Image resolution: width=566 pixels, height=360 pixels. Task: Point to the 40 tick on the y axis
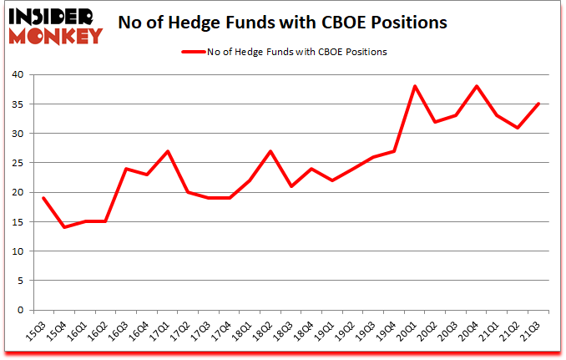(x=18, y=74)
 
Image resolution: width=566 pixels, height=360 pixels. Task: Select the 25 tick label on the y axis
(x=18, y=163)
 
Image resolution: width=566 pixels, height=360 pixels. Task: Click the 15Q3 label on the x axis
(x=38, y=332)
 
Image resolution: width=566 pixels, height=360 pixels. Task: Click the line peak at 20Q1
(x=415, y=86)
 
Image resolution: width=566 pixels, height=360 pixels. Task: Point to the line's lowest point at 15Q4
(x=64, y=227)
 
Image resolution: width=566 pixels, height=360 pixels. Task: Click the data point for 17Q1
(x=168, y=151)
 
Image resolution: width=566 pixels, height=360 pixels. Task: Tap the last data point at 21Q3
(x=539, y=104)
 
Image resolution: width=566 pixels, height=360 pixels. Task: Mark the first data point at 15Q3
(x=43, y=198)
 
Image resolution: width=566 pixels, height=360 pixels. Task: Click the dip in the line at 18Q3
(x=291, y=186)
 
